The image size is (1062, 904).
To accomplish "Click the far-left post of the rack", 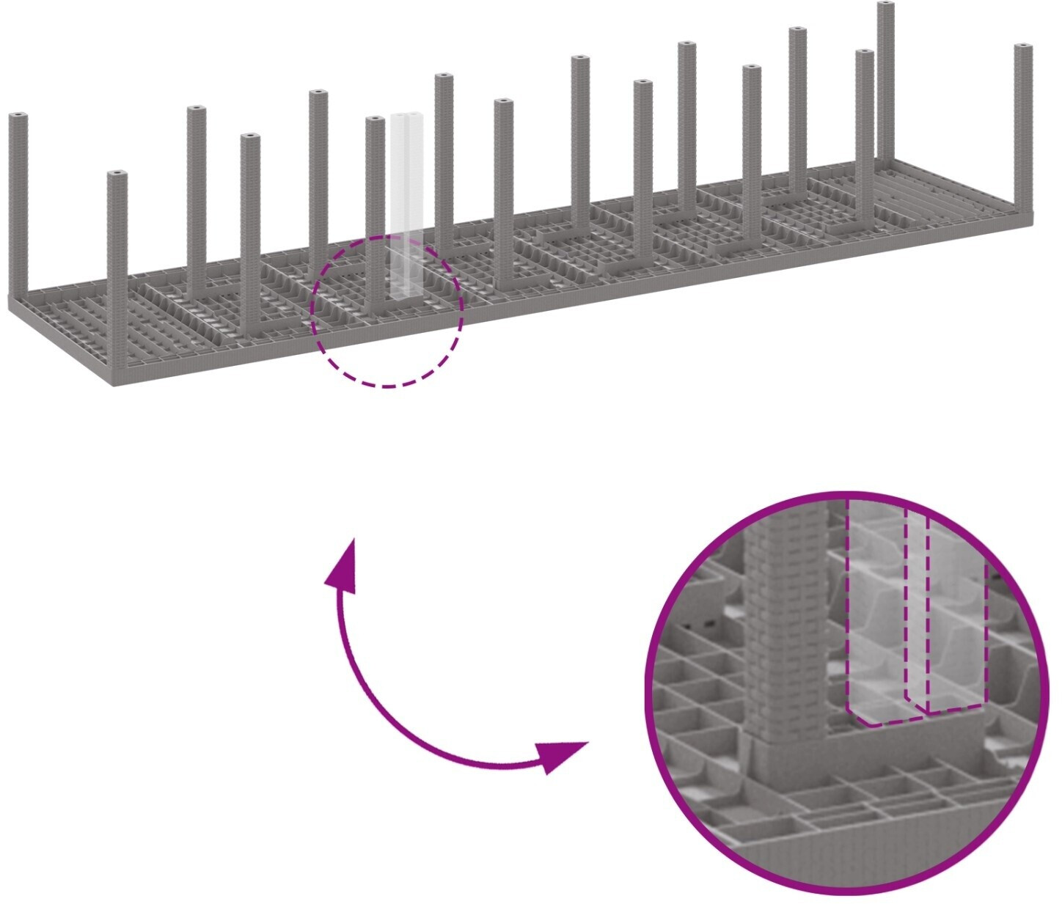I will pos(18,205).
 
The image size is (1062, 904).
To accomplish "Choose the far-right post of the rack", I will pos(1023,128).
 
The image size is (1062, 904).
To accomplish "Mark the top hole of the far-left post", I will pos(18,116).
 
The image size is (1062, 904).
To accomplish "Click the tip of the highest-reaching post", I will pos(886,6).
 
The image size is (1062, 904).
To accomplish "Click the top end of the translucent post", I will pos(406,117).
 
